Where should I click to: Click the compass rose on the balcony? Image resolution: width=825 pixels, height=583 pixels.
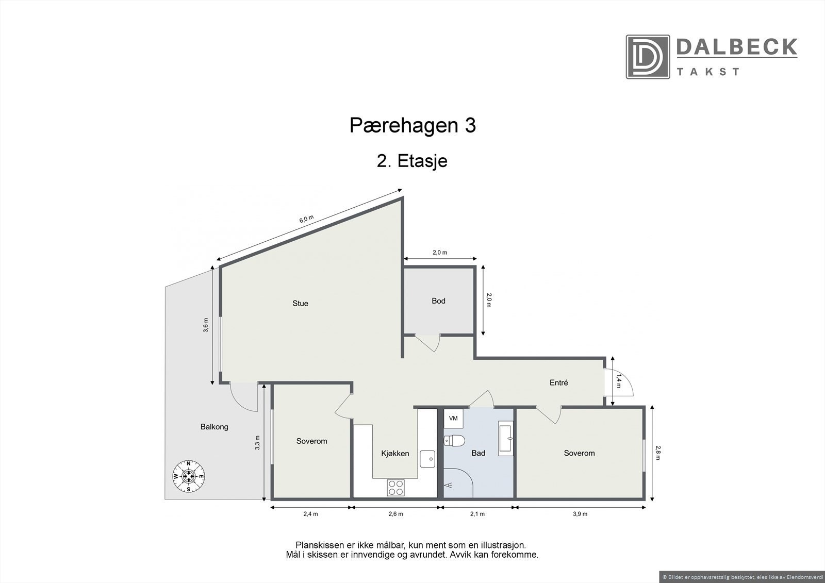click(x=189, y=476)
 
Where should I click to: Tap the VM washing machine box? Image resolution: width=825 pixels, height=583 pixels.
click(x=454, y=419)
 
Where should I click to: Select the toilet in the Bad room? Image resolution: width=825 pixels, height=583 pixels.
click(x=454, y=441)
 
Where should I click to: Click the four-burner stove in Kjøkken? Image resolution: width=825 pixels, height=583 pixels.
click(x=395, y=488)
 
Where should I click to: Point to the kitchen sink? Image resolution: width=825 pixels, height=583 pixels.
click(x=428, y=458)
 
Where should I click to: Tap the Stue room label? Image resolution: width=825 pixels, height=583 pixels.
click(x=300, y=304)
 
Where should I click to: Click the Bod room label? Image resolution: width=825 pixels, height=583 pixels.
click(x=438, y=301)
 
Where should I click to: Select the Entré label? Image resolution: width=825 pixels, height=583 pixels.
click(x=558, y=383)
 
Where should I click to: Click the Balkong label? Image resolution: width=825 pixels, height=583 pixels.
click(x=214, y=427)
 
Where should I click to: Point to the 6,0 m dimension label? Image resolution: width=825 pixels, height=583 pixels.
click(x=306, y=219)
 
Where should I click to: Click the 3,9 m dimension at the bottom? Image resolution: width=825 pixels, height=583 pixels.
click(x=580, y=514)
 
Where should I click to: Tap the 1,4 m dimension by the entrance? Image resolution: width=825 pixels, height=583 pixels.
click(x=619, y=382)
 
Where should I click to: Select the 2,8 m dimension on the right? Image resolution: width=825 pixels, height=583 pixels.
click(x=658, y=453)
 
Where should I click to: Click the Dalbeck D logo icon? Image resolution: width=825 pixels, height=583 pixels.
click(x=648, y=57)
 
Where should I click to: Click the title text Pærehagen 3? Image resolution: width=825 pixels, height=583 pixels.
click(x=412, y=126)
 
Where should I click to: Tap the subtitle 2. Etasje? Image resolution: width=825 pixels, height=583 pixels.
click(x=412, y=161)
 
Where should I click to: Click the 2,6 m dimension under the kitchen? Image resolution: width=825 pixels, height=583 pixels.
click(x=395, y=514)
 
